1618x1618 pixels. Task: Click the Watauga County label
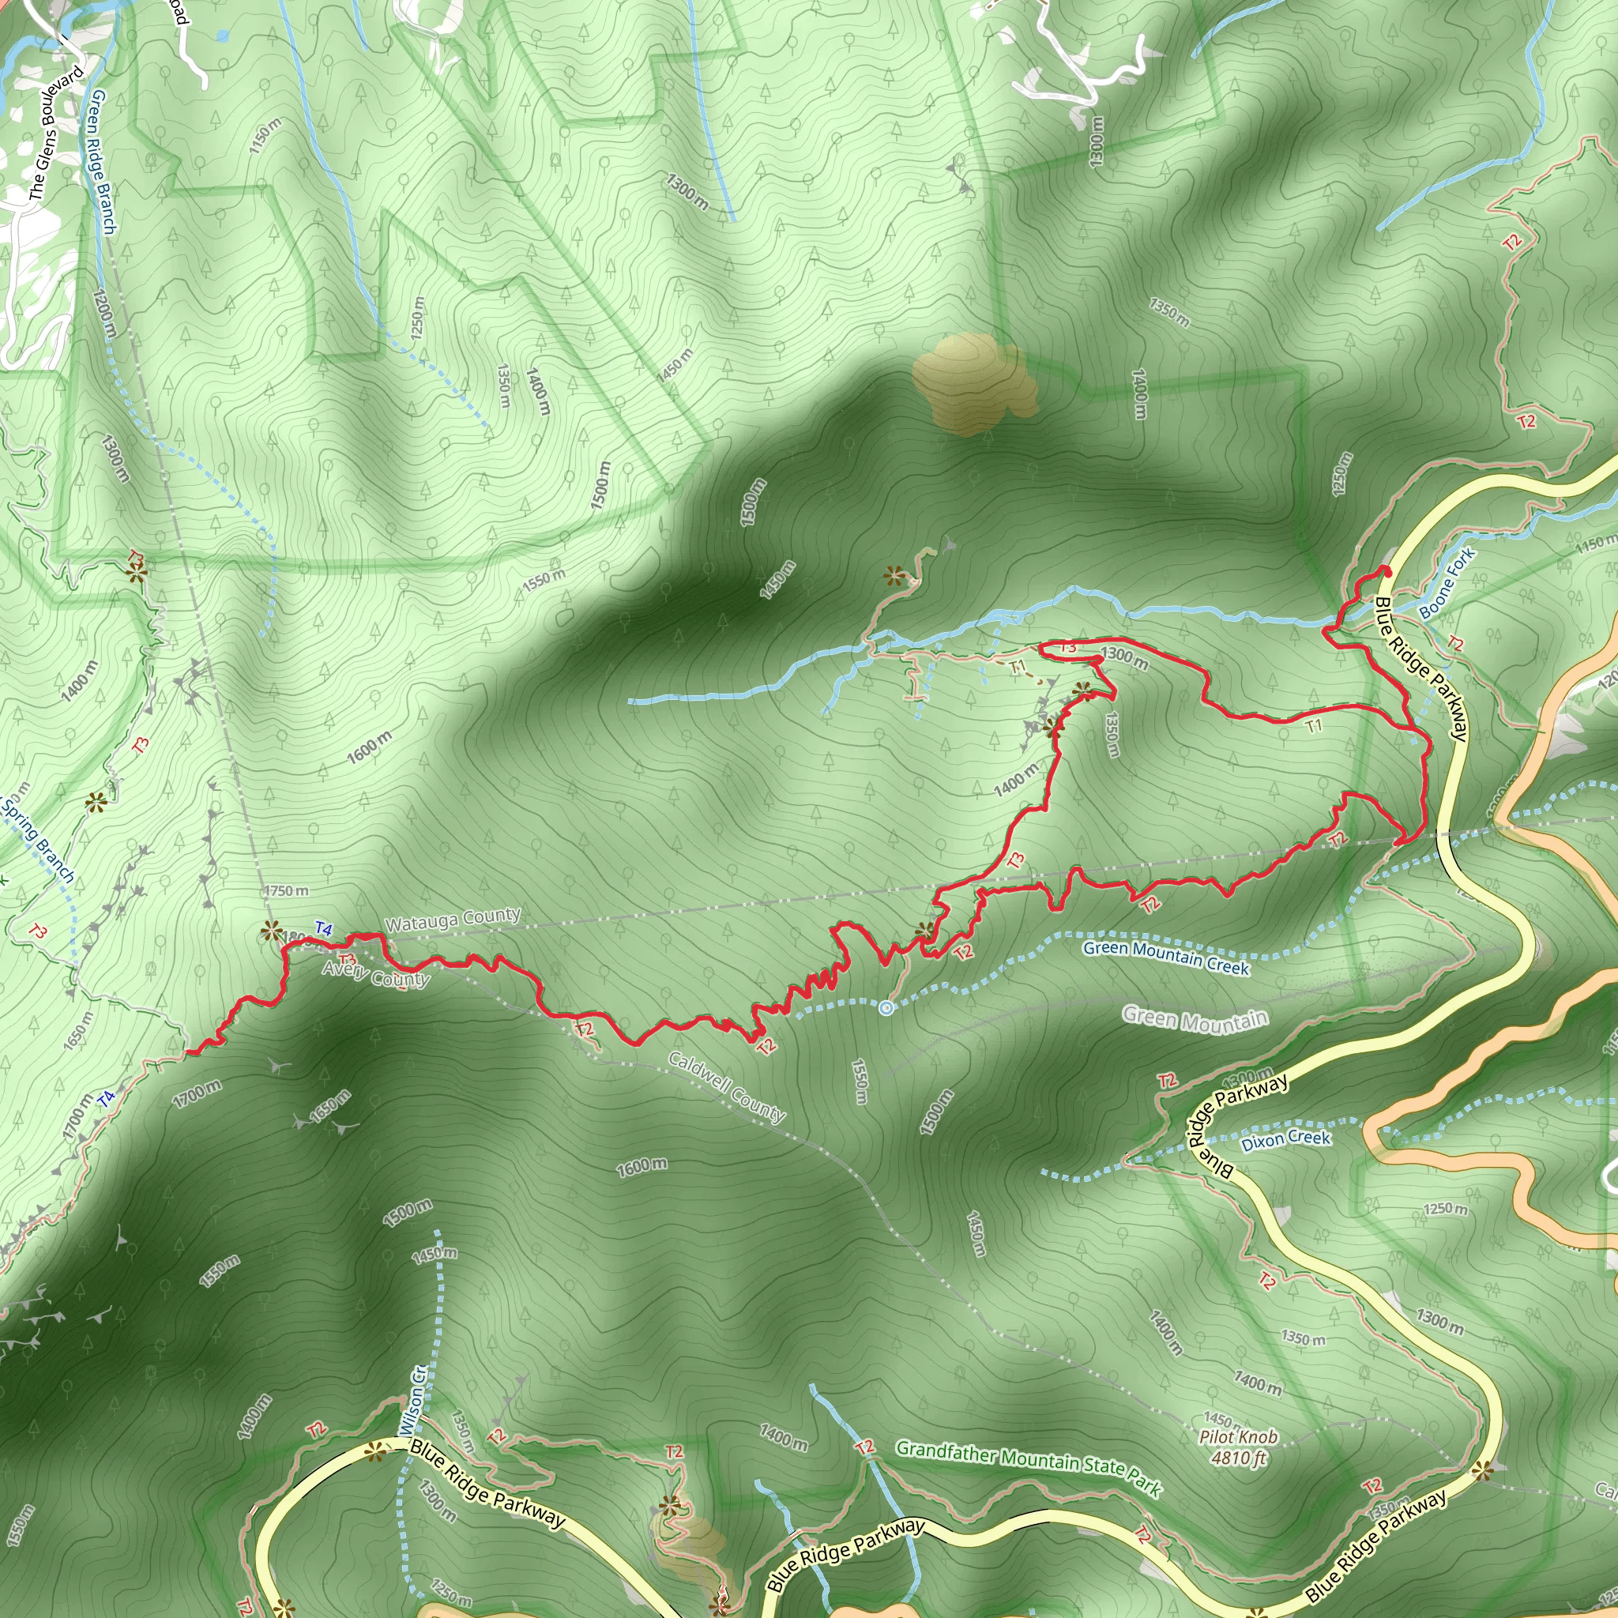[452, 920]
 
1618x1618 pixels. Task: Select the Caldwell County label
[726, 1086]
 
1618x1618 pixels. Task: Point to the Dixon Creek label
[1285, 1140]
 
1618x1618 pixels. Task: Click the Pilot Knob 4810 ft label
[1238, 1447]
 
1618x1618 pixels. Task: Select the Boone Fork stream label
[1447, 583]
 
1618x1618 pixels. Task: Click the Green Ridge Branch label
[103, 163]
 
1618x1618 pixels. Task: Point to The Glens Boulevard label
[57, 134]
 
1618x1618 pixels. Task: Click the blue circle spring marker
[886, 1007]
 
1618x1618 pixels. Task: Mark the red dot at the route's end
[1386, 571]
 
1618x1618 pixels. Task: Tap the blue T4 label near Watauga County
[323, 929]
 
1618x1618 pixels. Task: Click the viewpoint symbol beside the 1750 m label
[270, 930]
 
